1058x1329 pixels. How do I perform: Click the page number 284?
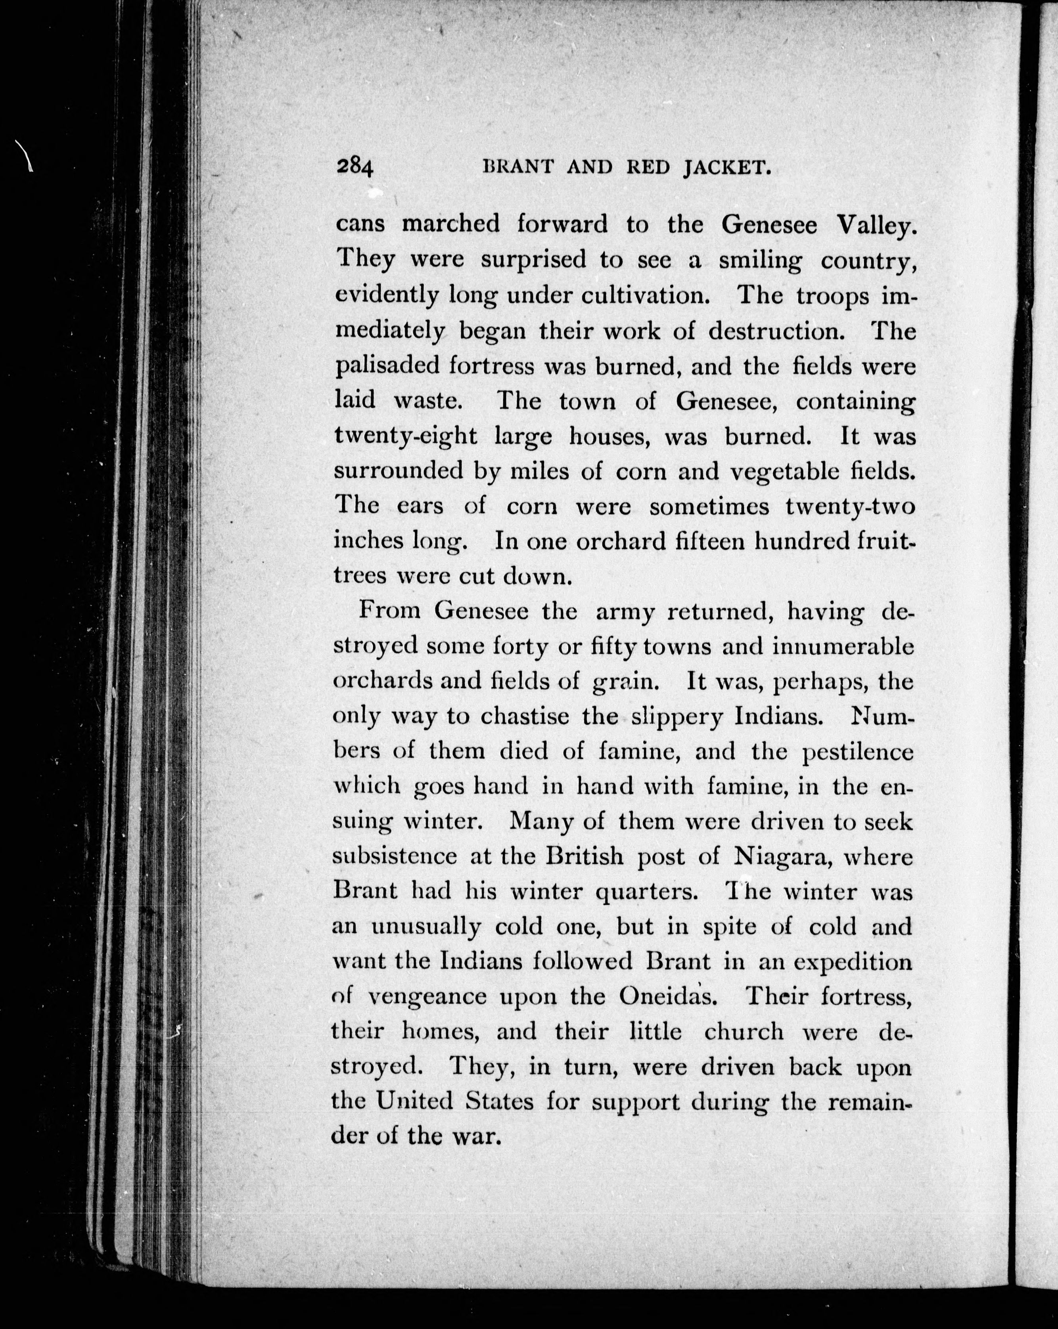[355, 167]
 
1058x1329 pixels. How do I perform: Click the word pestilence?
[858, 751]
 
